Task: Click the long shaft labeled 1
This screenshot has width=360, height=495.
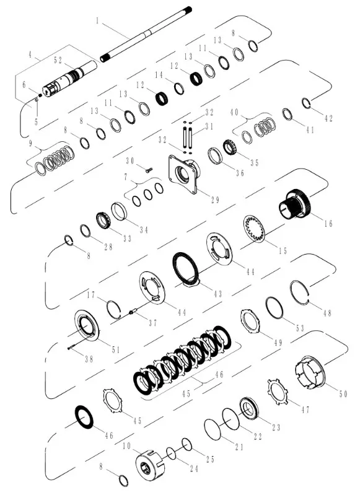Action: tap(146, 34)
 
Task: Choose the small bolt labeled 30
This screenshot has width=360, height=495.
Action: tap(148, 170)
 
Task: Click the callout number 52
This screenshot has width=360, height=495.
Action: tap(58, 60)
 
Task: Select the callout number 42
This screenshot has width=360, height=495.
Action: tap(329, 118)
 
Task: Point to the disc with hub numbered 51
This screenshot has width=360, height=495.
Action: tap(87, 328)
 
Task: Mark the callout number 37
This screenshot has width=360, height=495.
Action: tap(153, 323)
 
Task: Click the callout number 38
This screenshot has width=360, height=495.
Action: tap(89, 359)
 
